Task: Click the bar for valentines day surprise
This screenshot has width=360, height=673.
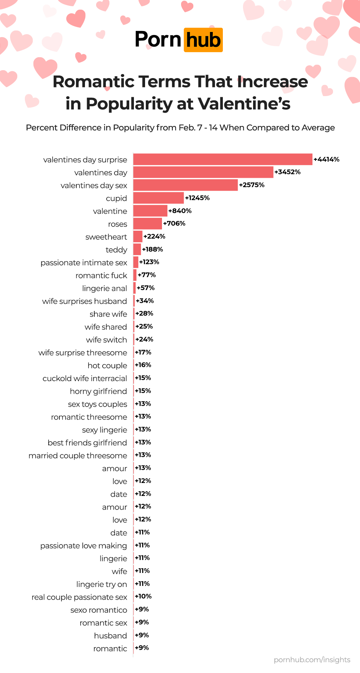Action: coord(222,159)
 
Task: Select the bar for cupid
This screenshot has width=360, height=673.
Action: coord(158,198)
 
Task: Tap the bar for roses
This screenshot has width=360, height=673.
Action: coord(148,223)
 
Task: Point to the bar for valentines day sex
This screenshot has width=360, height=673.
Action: coord(185,185)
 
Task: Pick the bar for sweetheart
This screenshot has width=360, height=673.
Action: coord(138,236)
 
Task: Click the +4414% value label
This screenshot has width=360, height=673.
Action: coord(327,159)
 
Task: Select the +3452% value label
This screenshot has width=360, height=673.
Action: coord(287,172)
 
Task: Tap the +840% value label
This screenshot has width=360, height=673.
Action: coord(180,211)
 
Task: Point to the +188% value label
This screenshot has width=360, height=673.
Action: coord(153,249)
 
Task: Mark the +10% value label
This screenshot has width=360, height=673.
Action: coord(143,596)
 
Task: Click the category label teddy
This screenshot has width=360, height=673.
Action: coord(116,250)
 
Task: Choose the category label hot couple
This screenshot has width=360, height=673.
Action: coord(107,366)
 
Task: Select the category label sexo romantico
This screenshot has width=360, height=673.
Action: coord(99,610)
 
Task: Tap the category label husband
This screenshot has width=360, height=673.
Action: coord(111,636)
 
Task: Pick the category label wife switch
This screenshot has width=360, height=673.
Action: coord(107,340)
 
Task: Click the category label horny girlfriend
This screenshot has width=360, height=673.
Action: coord(98,391)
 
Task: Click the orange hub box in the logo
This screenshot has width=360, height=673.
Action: coord(203,40)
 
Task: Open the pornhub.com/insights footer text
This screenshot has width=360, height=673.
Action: coord(312,660)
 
